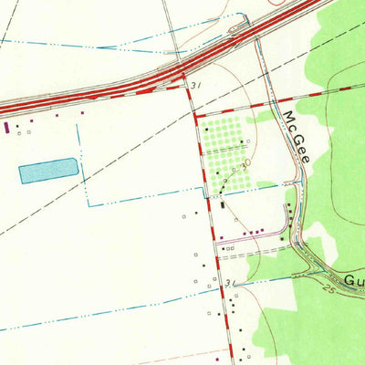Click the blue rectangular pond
click(x=47, y=171)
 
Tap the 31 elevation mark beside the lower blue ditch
click(x=227, y=284)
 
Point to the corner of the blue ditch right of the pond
click(x=89, y=205)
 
